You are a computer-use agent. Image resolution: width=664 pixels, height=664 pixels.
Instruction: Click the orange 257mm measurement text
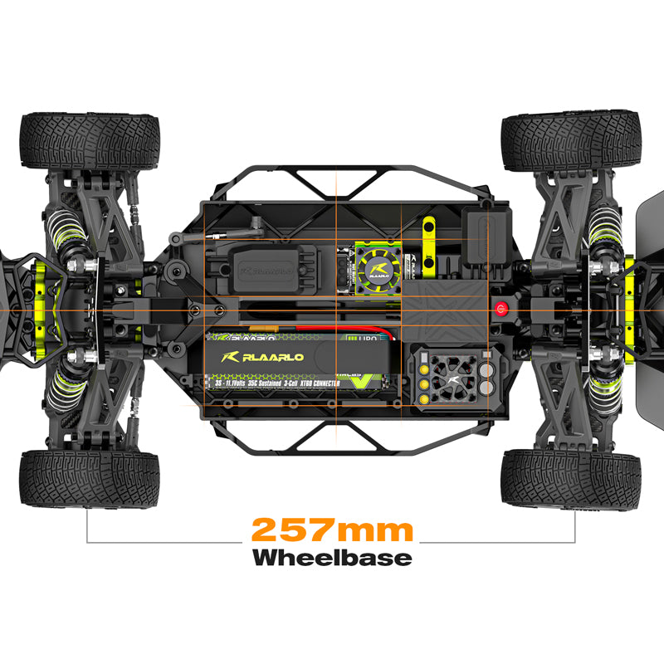pos(332,529)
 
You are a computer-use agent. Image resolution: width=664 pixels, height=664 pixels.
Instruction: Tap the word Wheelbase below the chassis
pos(332,557)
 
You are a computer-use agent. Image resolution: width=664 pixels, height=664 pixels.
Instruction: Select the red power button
pos(500,309)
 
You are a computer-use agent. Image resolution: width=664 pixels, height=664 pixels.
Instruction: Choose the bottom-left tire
pos(89,479)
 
